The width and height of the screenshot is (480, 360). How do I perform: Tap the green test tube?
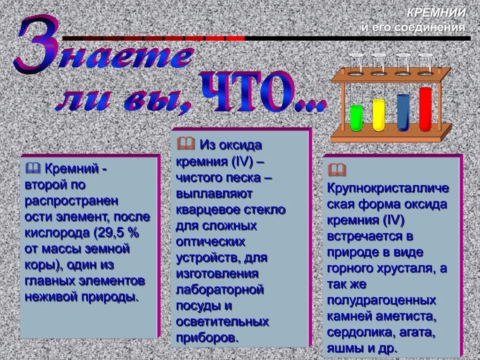pos(356,118)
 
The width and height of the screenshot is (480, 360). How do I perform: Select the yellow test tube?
pos(378,115)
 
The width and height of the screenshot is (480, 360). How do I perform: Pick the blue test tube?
pos(403,112)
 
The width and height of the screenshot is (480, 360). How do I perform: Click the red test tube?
pos(426,109)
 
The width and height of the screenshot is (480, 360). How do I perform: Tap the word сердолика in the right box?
pos(357,332)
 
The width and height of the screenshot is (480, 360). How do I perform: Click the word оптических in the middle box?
pos(210,242)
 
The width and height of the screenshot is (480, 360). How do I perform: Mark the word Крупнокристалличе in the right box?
pos(388,188)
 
